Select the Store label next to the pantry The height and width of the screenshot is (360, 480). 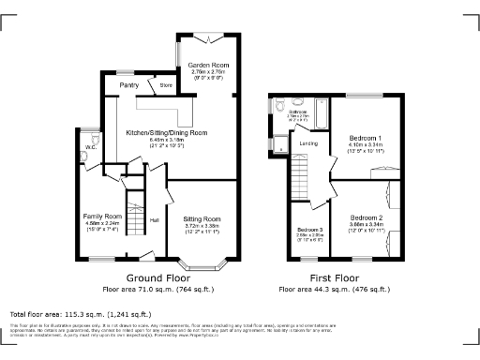[x=166, y=85]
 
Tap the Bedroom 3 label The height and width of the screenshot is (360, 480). [x=310, y=230]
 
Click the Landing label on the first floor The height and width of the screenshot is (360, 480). [x=307, y=143]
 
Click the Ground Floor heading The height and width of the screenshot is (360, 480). [x=155, y=278]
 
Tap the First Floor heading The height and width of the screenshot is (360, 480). [x=334, y=278]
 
